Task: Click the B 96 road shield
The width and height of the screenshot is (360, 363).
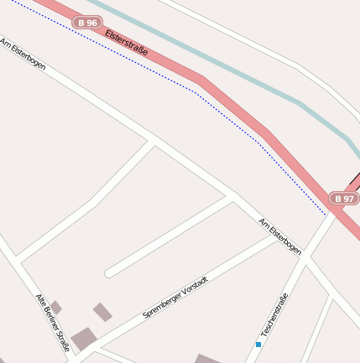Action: point(87,22)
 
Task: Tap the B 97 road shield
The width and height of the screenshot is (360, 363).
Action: point(343,199)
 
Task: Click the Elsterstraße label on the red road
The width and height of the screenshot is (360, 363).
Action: point(127,43)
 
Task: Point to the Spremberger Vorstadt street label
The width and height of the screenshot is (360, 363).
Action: point(175,296)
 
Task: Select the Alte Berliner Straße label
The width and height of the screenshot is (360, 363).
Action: point(53,321)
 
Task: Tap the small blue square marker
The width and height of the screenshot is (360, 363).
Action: point(258,344)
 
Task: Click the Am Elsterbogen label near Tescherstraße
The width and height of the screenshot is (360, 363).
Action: point(280,236)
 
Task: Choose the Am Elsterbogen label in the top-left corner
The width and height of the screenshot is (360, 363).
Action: point(23,53)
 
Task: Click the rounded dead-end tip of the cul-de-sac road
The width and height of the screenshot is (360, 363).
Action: point(109,272)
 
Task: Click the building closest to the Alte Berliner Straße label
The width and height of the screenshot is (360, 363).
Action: point(55,307)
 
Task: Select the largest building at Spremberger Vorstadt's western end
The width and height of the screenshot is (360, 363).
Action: point(83,339)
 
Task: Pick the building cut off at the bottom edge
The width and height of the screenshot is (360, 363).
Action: point(208,359)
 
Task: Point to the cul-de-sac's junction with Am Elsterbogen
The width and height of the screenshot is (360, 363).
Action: point(231,198)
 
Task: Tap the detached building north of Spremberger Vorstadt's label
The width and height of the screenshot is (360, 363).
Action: point(102,312)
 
